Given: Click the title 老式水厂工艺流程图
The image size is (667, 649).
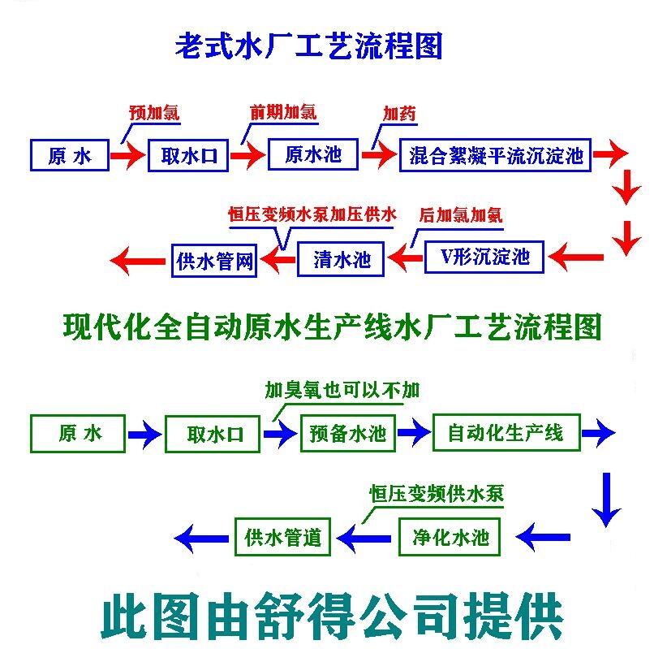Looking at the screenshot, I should tap(308, 46).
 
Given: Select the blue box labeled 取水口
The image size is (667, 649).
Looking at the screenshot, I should tap(189, 154).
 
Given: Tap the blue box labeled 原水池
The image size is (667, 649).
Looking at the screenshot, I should tap(312, 154).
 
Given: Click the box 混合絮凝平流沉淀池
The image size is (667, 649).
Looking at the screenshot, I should tap(496, 154).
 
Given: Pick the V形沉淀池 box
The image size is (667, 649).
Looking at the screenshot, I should tap(484, 257).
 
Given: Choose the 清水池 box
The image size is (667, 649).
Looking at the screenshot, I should tap(342, 258).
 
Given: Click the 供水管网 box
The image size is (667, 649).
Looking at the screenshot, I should tap(214, 260).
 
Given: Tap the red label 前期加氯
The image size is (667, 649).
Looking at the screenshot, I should tap(283, 111).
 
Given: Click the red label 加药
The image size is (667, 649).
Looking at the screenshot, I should tap(399, 113).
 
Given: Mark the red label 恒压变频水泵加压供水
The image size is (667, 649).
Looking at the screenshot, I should tap(312, 214).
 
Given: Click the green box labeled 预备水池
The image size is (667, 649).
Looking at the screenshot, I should tap(347, 433).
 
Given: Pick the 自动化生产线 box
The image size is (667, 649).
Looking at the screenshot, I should tap(505, 431).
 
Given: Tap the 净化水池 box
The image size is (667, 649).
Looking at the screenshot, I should tap(445, 537).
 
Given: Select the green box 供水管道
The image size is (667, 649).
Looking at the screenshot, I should tap(283, 537).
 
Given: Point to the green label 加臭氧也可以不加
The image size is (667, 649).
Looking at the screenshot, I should tap(342, 391).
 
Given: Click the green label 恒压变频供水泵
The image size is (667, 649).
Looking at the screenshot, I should tap(431, 493).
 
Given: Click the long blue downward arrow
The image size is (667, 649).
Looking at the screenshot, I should tap(605, 497).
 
